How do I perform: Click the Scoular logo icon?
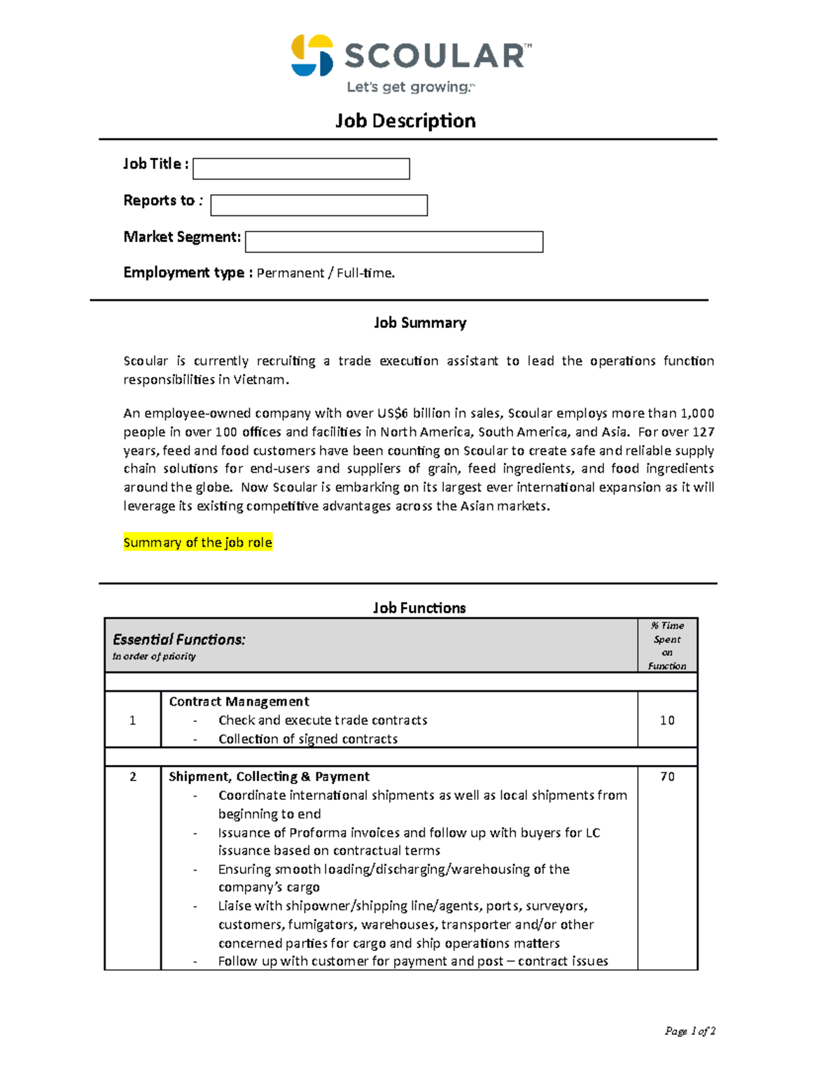312,55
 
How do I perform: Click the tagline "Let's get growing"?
410,87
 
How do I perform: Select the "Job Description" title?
405,121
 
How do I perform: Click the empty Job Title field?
301,169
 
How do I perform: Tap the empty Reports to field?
318,206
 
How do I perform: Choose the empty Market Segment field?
394,242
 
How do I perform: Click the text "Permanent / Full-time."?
325,273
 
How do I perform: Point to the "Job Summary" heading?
419,323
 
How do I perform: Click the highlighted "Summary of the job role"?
197,543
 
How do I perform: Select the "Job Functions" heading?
419,608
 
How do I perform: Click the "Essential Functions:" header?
179,640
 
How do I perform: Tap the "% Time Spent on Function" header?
667,645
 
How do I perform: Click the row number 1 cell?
132,720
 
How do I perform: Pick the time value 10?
667,720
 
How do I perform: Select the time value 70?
667,777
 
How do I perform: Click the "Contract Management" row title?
239,702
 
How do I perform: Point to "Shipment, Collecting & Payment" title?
269,777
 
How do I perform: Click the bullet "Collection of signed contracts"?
307,739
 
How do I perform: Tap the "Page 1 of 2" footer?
689,1031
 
